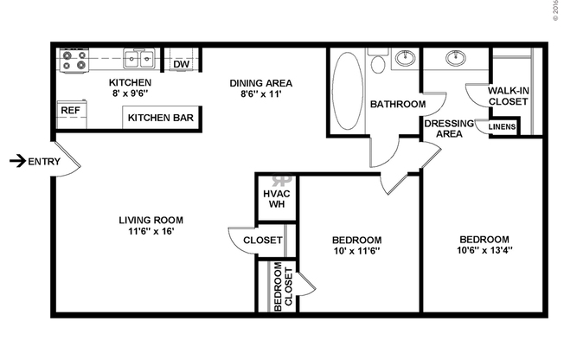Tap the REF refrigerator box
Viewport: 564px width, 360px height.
pos(69,111)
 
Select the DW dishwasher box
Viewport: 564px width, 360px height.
pos(181,63)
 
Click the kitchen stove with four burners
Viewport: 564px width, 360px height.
pos(73,60)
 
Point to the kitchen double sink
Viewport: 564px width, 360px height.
pos(138,60)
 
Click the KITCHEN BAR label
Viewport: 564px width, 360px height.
pos(162,118)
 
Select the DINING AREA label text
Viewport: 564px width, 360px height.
pos(260,84)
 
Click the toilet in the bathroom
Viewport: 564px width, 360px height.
pos(377,64)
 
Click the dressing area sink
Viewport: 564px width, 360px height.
pos(456,60)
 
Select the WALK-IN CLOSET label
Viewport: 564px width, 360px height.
pos(508,96)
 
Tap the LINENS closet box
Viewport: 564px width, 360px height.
pos(503,127)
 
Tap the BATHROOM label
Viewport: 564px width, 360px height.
pos(398,105)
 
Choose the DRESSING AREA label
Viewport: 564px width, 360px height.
pos(448,128)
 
